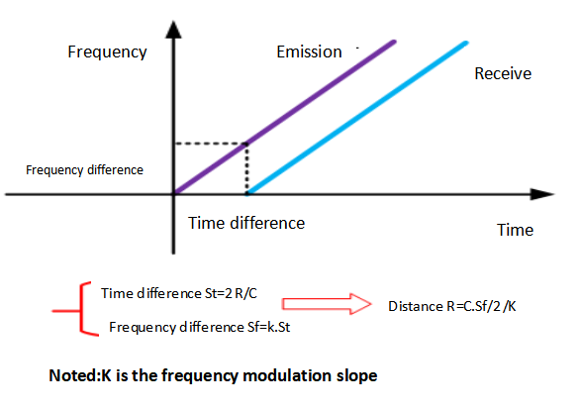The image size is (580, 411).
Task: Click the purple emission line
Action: (285, 118)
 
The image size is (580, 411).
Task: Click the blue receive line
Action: (357, 118)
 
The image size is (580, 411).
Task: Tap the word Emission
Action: (309, 51)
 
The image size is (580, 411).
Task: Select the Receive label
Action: (503, 73)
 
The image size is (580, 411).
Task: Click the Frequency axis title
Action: (107, 51)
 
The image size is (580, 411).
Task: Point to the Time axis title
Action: (515, 230)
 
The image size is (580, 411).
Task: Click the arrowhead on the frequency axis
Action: (173, 30)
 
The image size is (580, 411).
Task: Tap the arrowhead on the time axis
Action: (542, 194)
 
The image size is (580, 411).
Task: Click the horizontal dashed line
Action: (211, 144)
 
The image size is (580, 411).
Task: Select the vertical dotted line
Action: (246, 167)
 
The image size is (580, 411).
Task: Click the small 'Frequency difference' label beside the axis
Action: (84, 170)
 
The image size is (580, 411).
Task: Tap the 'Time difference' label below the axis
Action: (246, 223)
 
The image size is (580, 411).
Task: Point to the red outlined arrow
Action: (327, 304)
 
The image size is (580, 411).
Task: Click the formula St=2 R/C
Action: (231, 293)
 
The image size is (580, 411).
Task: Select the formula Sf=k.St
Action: (267, 328)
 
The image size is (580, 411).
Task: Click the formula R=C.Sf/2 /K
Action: (481, 307)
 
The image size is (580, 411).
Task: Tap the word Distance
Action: (416, 307)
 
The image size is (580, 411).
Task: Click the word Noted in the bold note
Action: (72, 375)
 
